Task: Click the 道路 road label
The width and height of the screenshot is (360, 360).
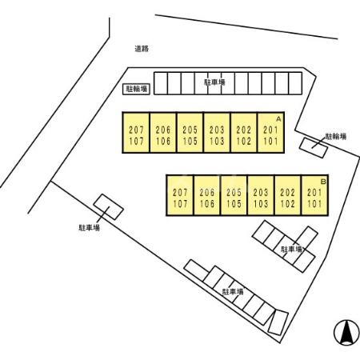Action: point(142,49)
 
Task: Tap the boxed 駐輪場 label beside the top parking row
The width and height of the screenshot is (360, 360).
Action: point(136,89)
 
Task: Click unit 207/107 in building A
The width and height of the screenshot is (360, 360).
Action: point(136,133)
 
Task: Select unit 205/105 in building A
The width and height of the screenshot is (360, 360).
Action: point(190,133)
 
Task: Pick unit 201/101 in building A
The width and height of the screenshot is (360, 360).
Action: point(270,133)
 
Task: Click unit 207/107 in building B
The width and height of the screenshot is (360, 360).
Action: point(180,195)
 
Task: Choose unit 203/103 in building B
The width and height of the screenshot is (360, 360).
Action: point(261,195)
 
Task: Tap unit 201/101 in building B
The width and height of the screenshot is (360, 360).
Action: point(314,195)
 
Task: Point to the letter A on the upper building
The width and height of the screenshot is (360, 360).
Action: point(278,119)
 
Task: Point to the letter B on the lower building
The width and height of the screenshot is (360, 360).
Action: point(323,182)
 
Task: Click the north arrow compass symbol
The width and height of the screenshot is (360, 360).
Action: point(346,333)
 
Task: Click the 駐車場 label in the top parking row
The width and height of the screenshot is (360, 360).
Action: point(214,82)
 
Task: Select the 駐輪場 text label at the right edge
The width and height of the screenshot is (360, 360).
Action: point(335,137)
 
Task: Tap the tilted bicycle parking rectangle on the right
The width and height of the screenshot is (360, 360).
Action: point(314,148)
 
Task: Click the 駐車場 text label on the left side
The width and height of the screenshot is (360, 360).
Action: point(90,227)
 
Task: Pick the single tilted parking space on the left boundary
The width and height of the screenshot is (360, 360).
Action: point(108,207)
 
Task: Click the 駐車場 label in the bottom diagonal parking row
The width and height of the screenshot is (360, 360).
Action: point(233,291)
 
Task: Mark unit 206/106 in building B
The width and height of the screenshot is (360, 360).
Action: point(207,195)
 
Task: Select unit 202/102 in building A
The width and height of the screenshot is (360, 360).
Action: point(244,133)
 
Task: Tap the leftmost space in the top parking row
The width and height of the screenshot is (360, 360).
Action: point(161,83)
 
